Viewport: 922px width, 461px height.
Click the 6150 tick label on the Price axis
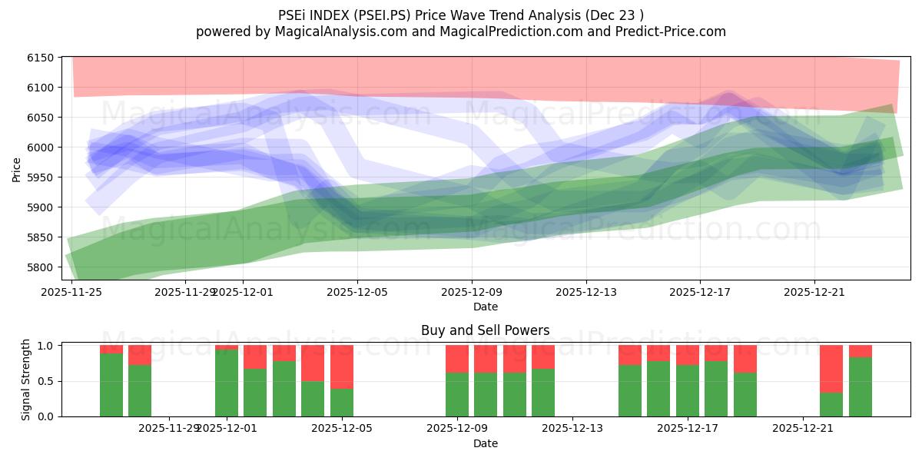[x=40, y=58]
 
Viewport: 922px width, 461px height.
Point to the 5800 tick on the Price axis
[x=40, y=267]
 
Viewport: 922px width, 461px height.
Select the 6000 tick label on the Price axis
[x=40, y=148]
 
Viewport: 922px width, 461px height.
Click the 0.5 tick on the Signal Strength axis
[x=47, y=381]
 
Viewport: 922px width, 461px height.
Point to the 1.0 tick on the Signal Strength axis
[x=47, y=346]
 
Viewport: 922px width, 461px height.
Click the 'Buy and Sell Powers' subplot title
[x=485, y=331]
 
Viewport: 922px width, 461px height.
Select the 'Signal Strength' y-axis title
[x=26, y=379]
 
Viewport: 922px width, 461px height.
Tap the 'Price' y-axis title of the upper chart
[x=17, y=168]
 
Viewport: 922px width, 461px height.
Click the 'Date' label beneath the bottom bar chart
[x=485, y=443]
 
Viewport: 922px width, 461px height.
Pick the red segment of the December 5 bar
[x=342, y=366]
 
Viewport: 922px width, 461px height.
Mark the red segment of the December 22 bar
[x=831, y=369]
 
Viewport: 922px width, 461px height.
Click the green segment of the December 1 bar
[x=227, y=383]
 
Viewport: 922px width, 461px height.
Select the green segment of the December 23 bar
[x=861, y=386]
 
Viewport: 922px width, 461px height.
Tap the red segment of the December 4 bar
[x=313, y=363]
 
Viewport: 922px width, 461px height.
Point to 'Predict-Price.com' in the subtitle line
[x=673, y=32]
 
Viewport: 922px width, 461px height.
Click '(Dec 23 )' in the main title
[x=615, y=15]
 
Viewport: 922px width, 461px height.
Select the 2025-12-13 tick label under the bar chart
[x=572, y=428]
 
